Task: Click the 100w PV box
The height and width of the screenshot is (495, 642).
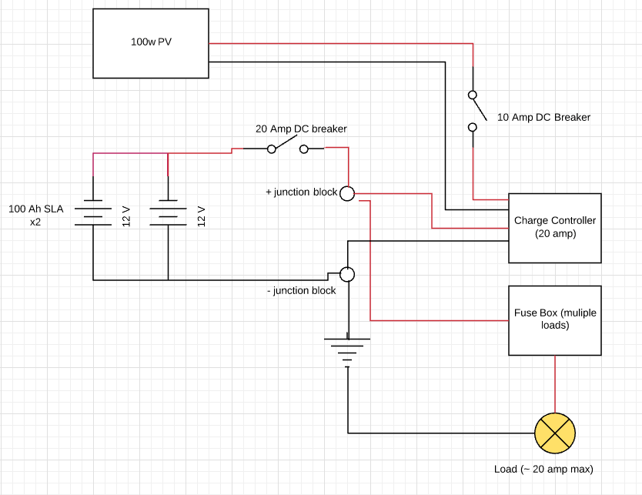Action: point(151,43)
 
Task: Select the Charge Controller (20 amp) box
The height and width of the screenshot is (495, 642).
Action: point(554,227)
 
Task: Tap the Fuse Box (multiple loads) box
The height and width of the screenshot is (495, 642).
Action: point(554,319)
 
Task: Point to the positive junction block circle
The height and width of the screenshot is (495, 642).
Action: point(347,193)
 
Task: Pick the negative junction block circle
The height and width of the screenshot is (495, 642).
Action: point(347,274)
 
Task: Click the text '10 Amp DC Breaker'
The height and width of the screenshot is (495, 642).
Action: point(544,118)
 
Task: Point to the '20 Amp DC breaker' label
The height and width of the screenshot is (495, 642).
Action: point(301,129)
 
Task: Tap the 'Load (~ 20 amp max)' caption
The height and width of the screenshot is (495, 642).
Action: point(543,469)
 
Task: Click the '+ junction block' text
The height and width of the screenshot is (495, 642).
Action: point(301,192)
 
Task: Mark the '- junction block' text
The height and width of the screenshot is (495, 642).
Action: point(300,291)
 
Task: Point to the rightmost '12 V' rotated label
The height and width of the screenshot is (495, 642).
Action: point(202,216)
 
